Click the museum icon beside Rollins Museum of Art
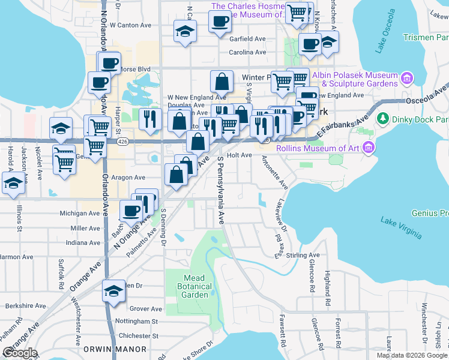click(x=369, y=148)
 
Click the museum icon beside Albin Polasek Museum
click(x=407, y=79)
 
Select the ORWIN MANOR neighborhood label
click(x=124, y=349)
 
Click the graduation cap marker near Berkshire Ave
click(x=112, y=291)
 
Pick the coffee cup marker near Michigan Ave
click(x=131, y=211)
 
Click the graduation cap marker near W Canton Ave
click(x=185, y=31)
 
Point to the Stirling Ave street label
click(x=303, y=255)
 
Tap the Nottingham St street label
click(x=139, y=321)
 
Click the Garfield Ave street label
click(x=247, y=38)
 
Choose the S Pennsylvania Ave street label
click(x=221, y=190)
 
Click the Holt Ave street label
click(x=239, y=155)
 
